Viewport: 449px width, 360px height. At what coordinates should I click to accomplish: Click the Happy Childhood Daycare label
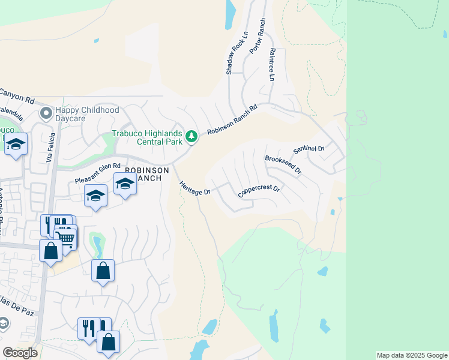tap(87, 115)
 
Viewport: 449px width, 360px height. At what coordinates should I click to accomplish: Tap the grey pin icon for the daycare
tap(46, 113)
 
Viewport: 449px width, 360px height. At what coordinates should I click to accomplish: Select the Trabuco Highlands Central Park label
tap(148, 137)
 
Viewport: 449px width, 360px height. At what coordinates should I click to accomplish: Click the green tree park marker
tap(191, 137)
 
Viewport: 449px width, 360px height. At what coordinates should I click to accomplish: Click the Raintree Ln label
tap(271, 65)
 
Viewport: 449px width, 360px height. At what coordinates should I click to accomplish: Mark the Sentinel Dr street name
tap(309, 149)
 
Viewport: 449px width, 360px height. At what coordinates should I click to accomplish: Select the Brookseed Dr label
tap(283, 165)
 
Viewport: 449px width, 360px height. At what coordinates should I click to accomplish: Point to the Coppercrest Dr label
tap(259, 191)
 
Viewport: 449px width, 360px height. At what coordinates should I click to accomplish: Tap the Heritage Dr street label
tap(194, 188)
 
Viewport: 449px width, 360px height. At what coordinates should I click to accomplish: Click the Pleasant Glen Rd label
tap(98, 174)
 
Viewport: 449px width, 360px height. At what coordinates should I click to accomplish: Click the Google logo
tap(20, 353)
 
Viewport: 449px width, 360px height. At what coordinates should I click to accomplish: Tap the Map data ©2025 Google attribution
tap(411, 355)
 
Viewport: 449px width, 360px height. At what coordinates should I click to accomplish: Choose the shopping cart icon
tap(66, 238)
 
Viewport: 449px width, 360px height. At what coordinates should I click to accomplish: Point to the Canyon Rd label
tap(17, 94)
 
